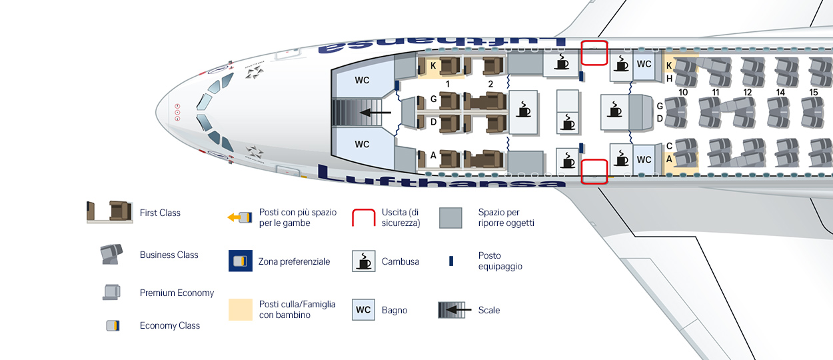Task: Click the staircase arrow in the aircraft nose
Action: [x=375, y=113]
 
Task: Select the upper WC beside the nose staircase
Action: [x=362, y=81]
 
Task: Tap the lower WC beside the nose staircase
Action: [x=362, y=145]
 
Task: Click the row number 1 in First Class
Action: [x=448, y=85]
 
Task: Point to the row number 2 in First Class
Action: [x=490, y=85]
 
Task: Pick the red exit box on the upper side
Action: [x=594, y=53]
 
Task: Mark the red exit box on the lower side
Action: [x=594, y=171]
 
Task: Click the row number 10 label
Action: [x=683, y=92]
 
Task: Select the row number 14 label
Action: [x=780, y=92]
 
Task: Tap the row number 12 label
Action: [x=748, y=92]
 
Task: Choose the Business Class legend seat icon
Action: [x=111, y=254]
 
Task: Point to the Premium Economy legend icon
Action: [x=111, y=292]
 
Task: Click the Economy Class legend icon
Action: [x=113, y=325]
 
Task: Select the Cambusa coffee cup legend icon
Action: [x=363, y=261]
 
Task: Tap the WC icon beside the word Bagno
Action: [x=363, y=310]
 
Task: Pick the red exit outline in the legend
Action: [x=364, y=217]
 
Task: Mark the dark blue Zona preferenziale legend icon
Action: [x=240, y=261]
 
